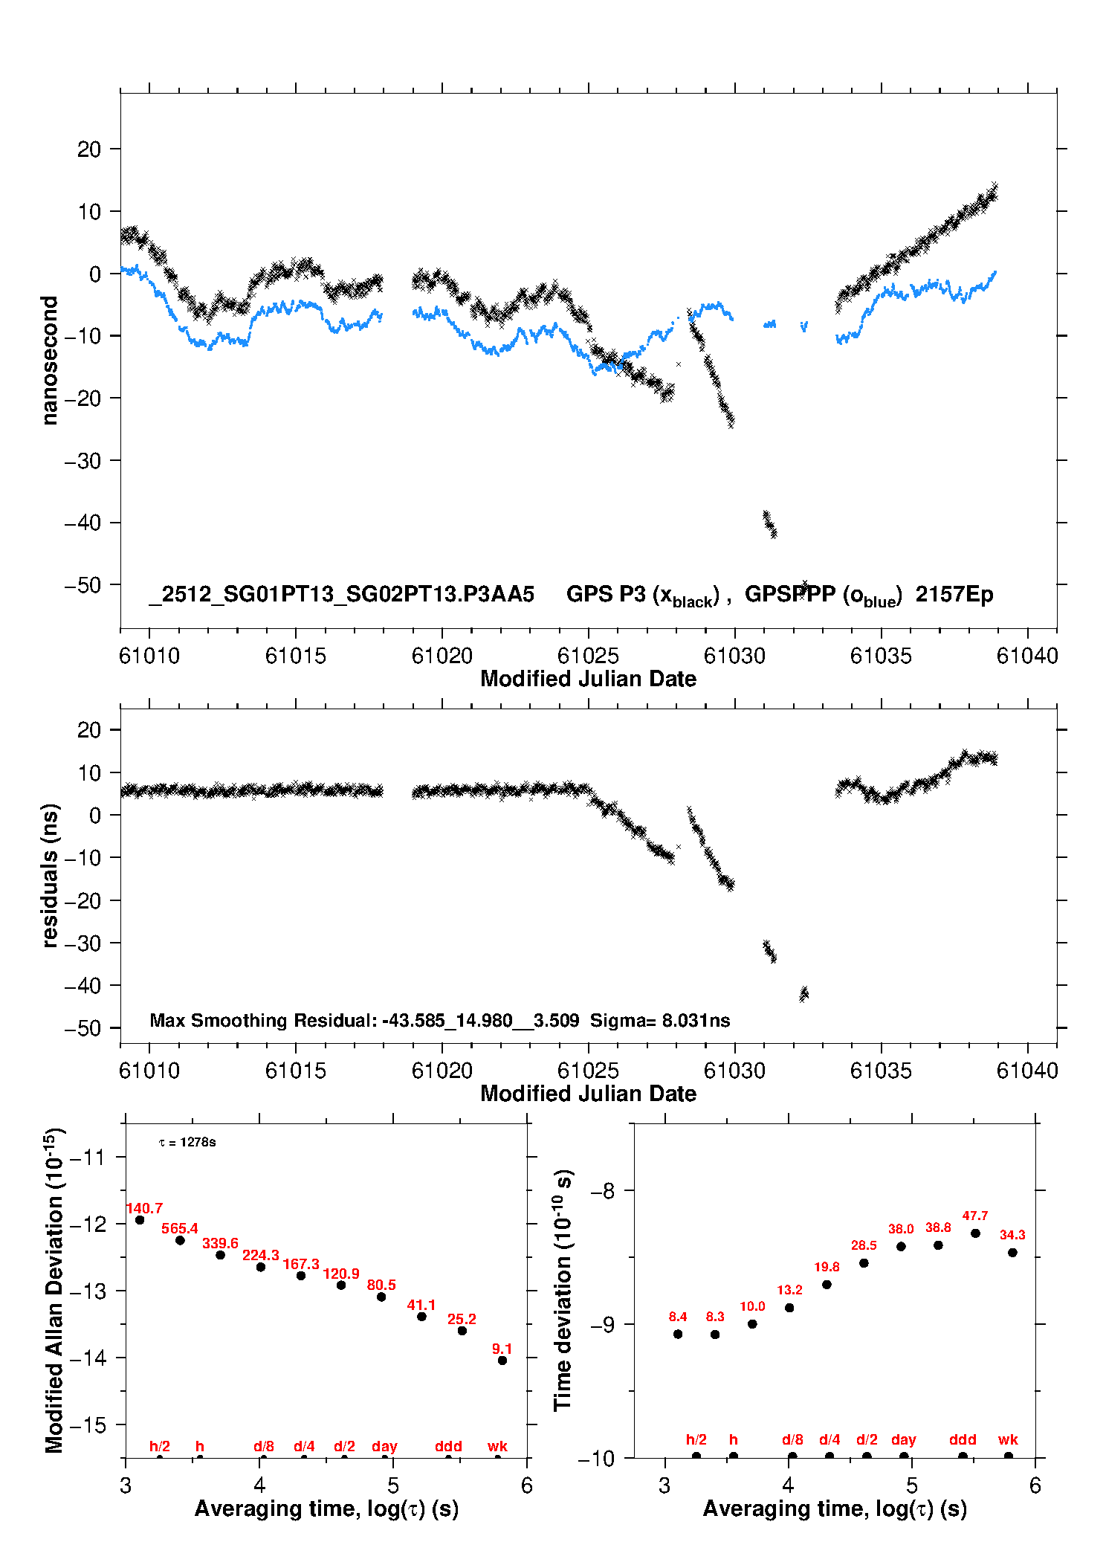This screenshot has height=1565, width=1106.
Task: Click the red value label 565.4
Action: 180,1228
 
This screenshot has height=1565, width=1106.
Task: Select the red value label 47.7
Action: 975,1216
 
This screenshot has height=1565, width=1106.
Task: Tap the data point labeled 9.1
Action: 502,1361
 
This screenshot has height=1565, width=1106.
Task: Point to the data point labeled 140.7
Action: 140,1220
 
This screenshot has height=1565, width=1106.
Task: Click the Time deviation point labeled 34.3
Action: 1012,1253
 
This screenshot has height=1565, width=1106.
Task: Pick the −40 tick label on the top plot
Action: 82,523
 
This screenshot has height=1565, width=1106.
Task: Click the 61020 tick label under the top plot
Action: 442,656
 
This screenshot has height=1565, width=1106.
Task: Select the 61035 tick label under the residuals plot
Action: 881,1071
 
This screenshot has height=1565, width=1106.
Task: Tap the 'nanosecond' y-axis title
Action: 50,361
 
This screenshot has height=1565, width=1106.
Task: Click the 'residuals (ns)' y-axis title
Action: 50,875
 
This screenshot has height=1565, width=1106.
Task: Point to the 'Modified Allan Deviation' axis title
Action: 54,1290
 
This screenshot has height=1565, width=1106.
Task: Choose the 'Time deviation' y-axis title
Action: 563,1290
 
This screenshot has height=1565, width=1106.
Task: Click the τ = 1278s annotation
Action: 187,1142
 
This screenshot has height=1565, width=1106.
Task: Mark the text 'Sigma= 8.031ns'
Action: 660,1020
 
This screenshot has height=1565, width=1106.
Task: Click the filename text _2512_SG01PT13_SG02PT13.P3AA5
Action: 342,594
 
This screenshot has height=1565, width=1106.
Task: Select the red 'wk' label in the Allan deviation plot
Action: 497,1446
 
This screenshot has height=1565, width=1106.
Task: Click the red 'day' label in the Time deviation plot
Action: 904,1439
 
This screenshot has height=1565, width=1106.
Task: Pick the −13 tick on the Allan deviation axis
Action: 88,1291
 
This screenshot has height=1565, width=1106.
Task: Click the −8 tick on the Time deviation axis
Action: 602,1190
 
